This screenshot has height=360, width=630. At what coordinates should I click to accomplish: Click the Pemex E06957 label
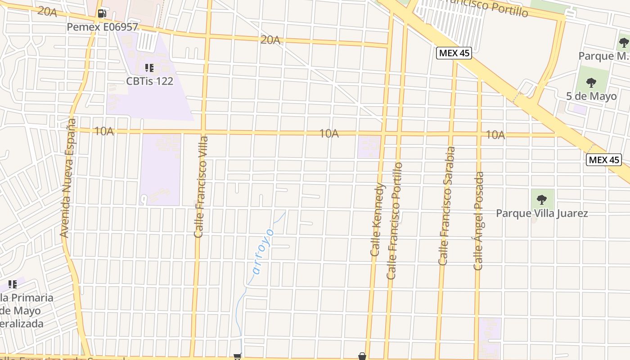point(102,27)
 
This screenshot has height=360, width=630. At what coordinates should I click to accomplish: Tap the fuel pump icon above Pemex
point(102,13)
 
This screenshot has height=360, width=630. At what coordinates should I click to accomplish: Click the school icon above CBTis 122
point(149,68)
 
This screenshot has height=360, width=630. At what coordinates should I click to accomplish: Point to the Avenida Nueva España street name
point(67,178)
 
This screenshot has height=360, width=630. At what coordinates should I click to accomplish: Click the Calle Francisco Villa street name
point(201,186)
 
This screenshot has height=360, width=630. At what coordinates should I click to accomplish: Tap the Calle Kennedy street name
point(378,220)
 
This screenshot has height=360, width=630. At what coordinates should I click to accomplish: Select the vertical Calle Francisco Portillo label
point(395,220)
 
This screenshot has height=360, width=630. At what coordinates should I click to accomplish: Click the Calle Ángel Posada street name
point(479,221)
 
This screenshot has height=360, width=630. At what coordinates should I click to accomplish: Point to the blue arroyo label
point(263,251)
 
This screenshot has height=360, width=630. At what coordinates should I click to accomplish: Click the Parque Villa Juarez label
point(542,213)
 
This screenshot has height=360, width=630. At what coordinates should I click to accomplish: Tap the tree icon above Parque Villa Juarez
point(542,199)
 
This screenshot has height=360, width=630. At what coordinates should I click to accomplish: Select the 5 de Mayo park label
point(591,96)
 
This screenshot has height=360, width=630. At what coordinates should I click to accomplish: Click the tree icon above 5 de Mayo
point(591,83)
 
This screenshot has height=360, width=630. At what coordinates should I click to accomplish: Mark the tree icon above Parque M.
point(624,43)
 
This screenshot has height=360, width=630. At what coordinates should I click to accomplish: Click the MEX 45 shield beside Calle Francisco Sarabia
point(454,53)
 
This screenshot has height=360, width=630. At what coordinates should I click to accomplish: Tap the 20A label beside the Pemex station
point(47,12)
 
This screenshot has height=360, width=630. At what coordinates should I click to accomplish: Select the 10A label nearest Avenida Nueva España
point(104,131)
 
